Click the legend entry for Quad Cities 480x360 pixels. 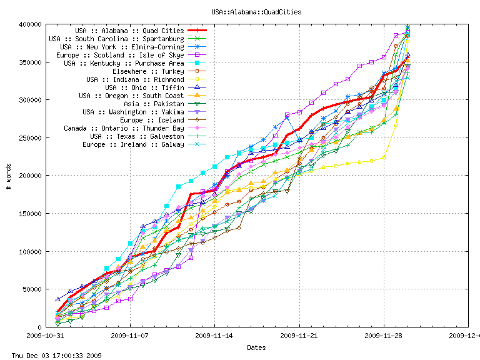point(129,31)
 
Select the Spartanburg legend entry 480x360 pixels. point(116,39)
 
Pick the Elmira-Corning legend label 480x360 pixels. point(122,47)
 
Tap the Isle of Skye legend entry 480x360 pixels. point(120,55)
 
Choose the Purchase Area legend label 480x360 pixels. point(124,63)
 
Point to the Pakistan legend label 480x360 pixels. point(154,104)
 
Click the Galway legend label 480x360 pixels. point(133,144)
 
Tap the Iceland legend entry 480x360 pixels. point(152,120)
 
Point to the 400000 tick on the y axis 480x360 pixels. point(31,24)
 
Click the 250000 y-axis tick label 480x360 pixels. point(31,138)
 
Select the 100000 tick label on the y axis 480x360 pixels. point(31,252)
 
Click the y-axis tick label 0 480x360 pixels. point(40,327)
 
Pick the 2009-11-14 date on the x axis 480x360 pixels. point(214,336)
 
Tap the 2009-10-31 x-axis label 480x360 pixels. point(46,336)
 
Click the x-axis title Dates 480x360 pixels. point(256,347)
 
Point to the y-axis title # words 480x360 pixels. point(9,176)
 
